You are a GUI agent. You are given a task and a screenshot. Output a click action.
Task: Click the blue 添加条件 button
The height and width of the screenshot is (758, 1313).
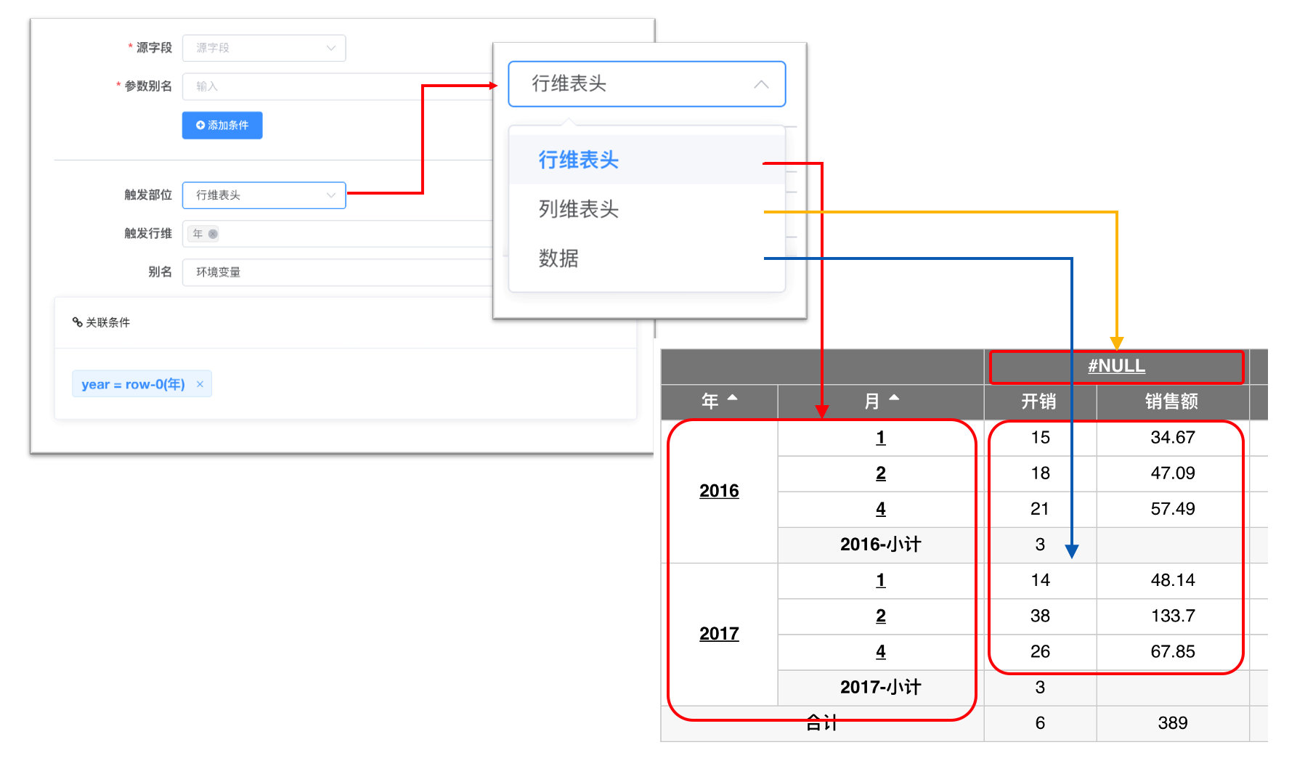point(222,125)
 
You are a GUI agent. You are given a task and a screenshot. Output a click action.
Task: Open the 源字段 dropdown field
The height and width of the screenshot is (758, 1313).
point(264,48)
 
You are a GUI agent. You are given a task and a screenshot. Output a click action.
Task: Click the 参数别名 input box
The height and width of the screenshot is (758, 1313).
point(338,86)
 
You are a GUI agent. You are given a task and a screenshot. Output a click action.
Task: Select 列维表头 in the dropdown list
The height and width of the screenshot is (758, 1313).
point(578,209)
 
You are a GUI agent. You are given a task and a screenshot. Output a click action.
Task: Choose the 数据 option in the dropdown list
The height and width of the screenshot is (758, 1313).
point(558,258)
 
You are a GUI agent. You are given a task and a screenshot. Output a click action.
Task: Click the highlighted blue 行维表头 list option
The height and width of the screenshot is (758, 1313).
point(578,160)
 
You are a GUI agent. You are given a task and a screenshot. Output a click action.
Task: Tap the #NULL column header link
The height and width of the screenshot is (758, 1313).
point(1116,366)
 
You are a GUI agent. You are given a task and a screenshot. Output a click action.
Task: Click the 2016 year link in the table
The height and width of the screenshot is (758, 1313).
point(719,491)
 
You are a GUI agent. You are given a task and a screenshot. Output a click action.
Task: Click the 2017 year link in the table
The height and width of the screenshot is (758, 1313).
point(719,634)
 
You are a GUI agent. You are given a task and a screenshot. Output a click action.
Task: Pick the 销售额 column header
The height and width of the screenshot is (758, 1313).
point(1171,402)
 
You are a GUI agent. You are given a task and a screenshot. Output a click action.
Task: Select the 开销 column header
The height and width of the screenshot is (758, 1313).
point(1038,402)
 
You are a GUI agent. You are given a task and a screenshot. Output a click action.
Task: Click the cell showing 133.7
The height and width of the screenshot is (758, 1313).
point(1173,616)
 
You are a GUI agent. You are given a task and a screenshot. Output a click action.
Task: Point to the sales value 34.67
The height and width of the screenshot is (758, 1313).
point(1173,437)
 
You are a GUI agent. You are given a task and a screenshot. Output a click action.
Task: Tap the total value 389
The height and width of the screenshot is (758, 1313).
point(1173,722)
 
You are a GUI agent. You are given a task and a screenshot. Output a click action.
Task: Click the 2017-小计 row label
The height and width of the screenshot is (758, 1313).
point(880,687)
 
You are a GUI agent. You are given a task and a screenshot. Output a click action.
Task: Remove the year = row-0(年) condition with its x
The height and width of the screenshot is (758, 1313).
point(200,384)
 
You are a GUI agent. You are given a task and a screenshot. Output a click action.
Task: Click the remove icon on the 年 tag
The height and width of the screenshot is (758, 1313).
point(213,234)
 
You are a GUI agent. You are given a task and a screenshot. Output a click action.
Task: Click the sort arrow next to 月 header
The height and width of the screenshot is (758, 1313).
point(894,398)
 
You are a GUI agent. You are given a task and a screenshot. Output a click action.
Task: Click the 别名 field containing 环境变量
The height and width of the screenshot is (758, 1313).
point(338,272)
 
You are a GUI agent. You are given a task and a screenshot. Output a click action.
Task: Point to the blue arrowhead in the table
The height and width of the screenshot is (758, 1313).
point(1071,551)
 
